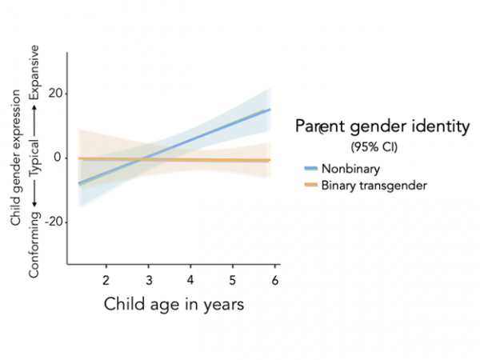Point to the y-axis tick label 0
click(x=58, y=158)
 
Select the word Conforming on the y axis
click(x=36, y=248)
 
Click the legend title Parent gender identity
click(x=382, y=127)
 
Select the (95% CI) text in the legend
click(x=374, y=148)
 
